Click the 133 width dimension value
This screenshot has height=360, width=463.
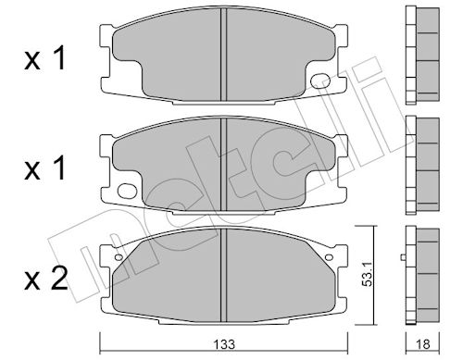click(225, 344)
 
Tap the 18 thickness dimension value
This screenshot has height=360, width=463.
click(423, 344)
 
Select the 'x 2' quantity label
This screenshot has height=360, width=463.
click(46, 279)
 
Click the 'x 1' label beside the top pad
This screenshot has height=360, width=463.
click(45, 58)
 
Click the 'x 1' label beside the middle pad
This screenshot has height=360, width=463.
click(45, 168)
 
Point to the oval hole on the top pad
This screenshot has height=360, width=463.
click(320, 81)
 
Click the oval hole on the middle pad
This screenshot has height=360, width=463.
click(127, 191)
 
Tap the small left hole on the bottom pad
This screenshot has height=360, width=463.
click(119, 257)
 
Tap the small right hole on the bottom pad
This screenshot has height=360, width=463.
click(329, 257)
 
